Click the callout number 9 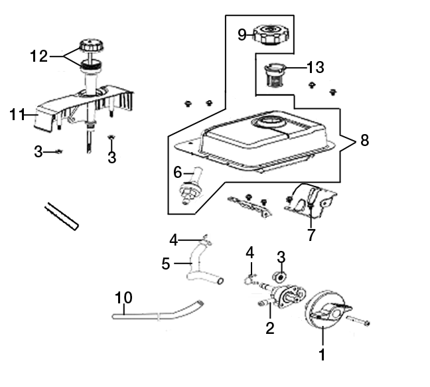pyautogui.click(x=243, y=34)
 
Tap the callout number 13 pyautogui.click(x=315, y=67)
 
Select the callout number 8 pyautogui.click(x=364, y=141)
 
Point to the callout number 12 pyautogui.click(x=39, y=56)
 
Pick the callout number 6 pyautogui.click(x=178, y=173)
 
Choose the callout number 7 pyautogui.click(x=311, y=235)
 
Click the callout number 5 pyautogui.click(x=167, y=264)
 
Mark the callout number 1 pyautogui.click(x=322, y=354)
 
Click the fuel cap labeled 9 pyautogui.click(x=271, y=33)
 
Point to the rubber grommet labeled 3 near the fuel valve pyautogui.click(x=279, y=275)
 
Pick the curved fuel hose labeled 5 pyautogui.click(x=199, y=268)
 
